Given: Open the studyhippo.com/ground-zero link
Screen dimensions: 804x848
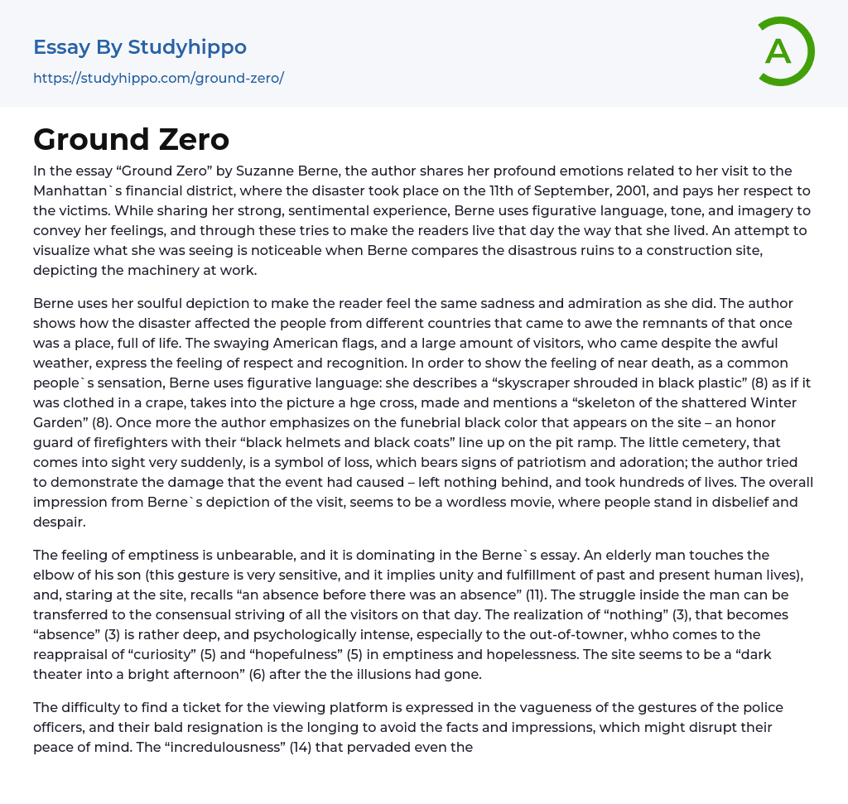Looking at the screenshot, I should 158,78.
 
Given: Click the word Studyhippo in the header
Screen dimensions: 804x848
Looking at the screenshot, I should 187,47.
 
